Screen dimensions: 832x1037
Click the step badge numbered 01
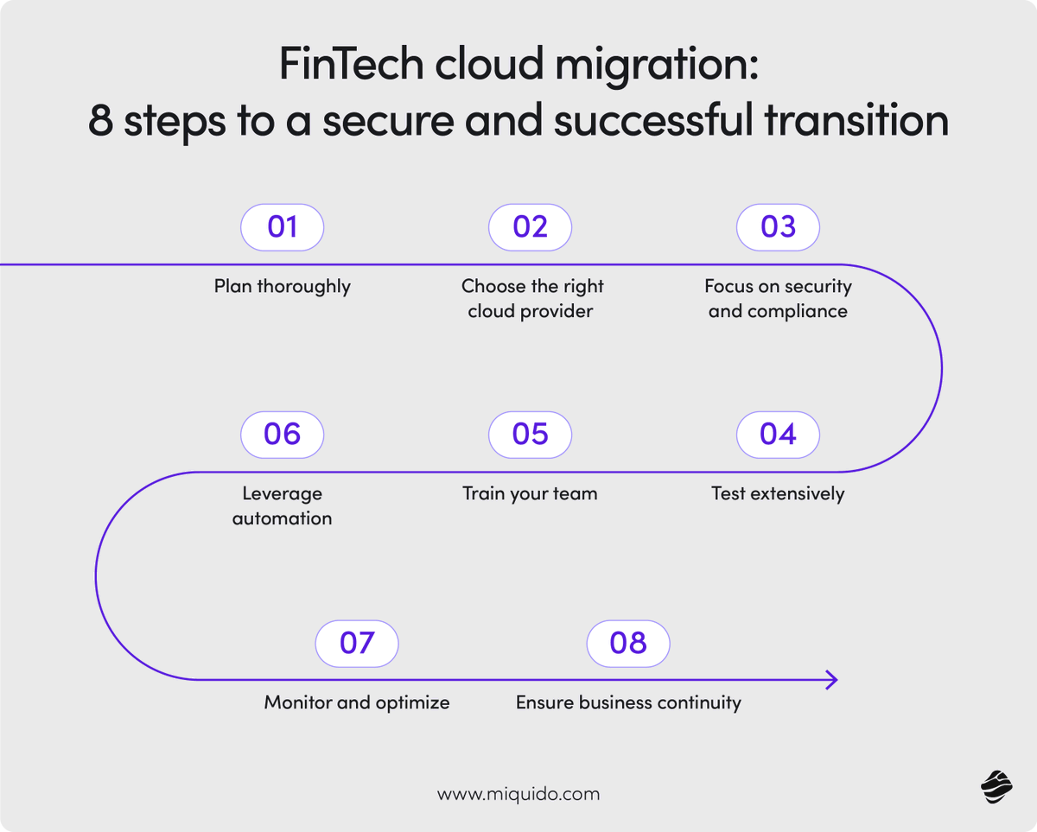coord(282,227)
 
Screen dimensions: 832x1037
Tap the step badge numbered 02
coord(530,227)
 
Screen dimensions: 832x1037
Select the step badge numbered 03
coord(778,227)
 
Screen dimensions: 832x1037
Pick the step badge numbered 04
coord(778,435)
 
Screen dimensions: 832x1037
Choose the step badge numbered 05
coord(530,435)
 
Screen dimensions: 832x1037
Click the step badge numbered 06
coord(282,435)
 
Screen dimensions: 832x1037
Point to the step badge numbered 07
coord(356,644)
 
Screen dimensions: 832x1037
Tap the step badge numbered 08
coord(628,644)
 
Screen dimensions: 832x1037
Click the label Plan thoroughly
coord(283,287)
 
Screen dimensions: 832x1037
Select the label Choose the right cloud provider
coord(531,299)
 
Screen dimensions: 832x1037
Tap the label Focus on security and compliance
coord(778,299)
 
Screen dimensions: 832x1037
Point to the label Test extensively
coord(778,494)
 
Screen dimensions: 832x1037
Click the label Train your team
coord(530,494)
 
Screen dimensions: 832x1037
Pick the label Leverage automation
coord(282,506)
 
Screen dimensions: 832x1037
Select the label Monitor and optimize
coord(357,702)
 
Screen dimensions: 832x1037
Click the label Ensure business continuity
coord(628,702)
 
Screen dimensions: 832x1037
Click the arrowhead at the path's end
coord(832,680)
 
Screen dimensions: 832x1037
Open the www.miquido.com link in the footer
coord(518,794)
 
